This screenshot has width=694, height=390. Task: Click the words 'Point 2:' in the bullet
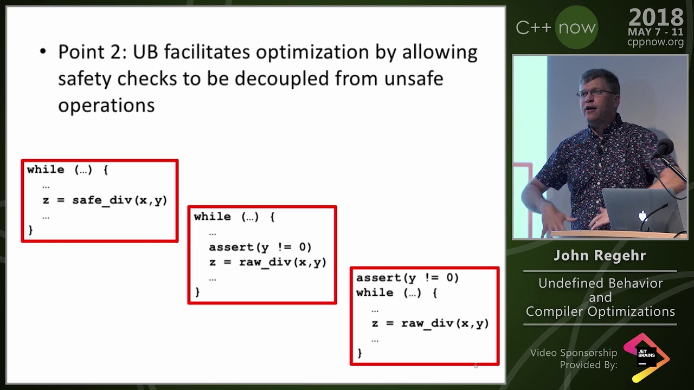pos(93,52)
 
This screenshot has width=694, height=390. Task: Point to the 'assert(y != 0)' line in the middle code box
pos(260,247)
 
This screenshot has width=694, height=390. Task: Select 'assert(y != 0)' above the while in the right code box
pos(407,277)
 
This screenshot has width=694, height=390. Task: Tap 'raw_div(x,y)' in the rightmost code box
pos(445,323)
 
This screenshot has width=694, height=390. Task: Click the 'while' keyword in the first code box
pos(46,170)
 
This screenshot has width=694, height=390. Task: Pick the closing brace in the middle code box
pos(197,292)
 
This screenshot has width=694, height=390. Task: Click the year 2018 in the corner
pos(656,18)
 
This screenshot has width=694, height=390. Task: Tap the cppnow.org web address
pos(655,42)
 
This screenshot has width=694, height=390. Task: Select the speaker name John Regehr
pos(600,256)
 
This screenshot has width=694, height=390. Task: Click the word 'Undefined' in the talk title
pos(573,283)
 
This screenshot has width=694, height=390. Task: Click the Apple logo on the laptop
pos(642,217)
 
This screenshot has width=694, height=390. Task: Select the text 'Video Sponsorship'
pos(574,353)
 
